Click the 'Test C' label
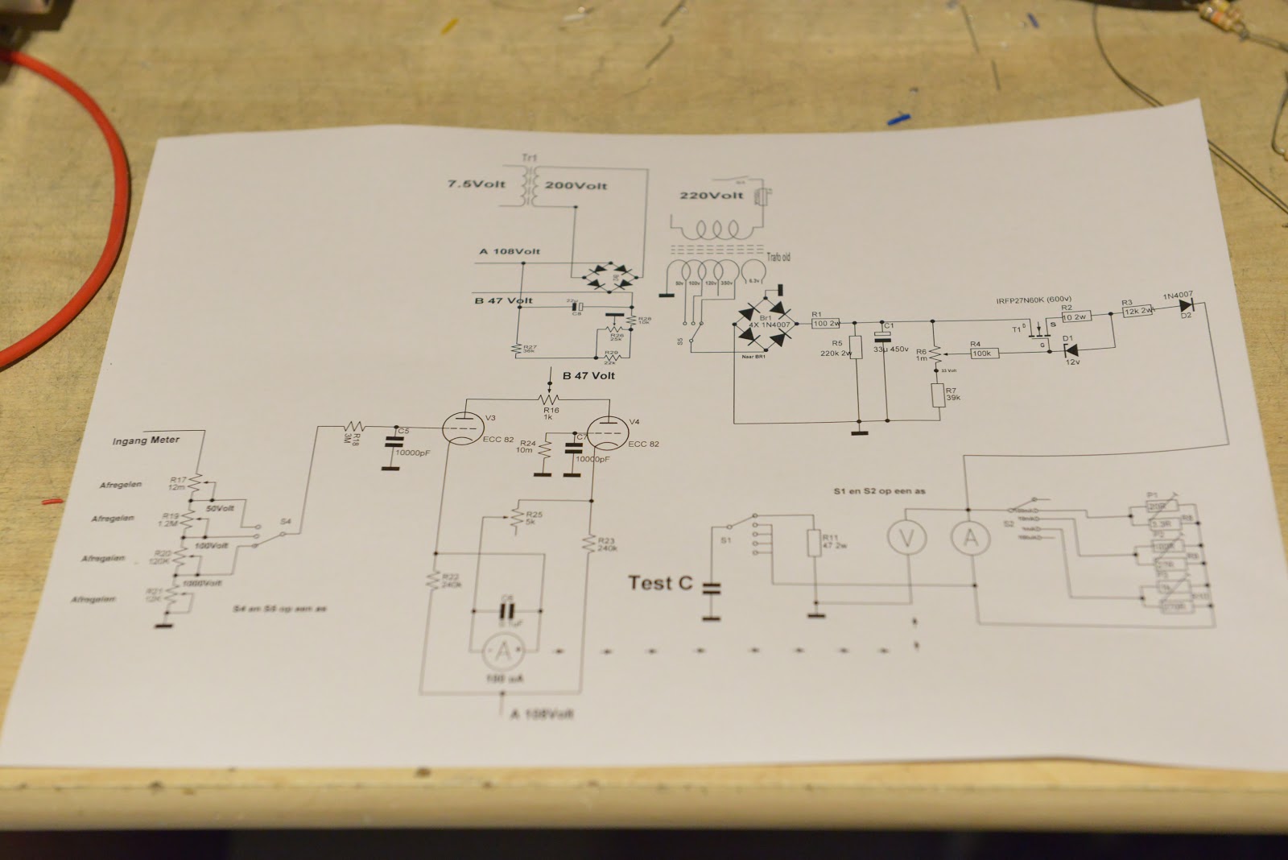[659, 582]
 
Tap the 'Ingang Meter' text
[146, 440]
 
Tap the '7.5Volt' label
[477, 184]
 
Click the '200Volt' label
[576, 185]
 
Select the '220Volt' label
[712, 196]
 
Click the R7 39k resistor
[937, 396]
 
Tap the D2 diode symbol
[1187, 307]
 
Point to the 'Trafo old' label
[778, 257]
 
